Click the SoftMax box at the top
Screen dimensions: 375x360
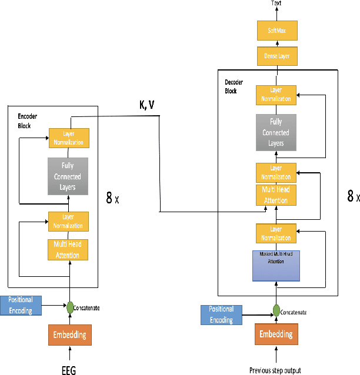pyautogui.click(x=276, y=31)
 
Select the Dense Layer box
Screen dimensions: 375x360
pyautogui.click(x=276, y=56)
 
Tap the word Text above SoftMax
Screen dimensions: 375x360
pyautogui.click(x=276, y=4)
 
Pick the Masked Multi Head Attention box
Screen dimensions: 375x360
pyautogui.click(x=276, y=264)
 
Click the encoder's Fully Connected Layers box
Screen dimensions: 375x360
pyautogui.click(x=68, y=176)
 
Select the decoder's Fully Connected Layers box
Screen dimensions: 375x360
pyautogui.click(x=276, y=133)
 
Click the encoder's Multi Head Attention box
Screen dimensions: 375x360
pyautogui.click(x=68, y=249)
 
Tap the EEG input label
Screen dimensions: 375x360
pyautogui.click(x=69, y=370)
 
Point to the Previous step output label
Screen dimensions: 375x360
pyautogui.click(x=275, y=370)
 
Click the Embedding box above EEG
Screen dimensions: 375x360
pyautogui.click(x=70, y=335)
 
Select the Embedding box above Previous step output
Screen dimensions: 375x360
pyautogui.click(x=276, y=334)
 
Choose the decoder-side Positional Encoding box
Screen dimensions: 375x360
pyautogui.click(x=221, y=314)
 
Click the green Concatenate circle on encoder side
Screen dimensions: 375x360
pyautogui.click(x=70, y=306)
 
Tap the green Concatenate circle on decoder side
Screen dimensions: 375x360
pyautogui.click(x=275, y=311)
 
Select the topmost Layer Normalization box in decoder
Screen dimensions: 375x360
pyautogui.click(x=276, y=95)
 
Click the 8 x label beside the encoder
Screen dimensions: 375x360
pyautogui.click(x=112, y=198)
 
